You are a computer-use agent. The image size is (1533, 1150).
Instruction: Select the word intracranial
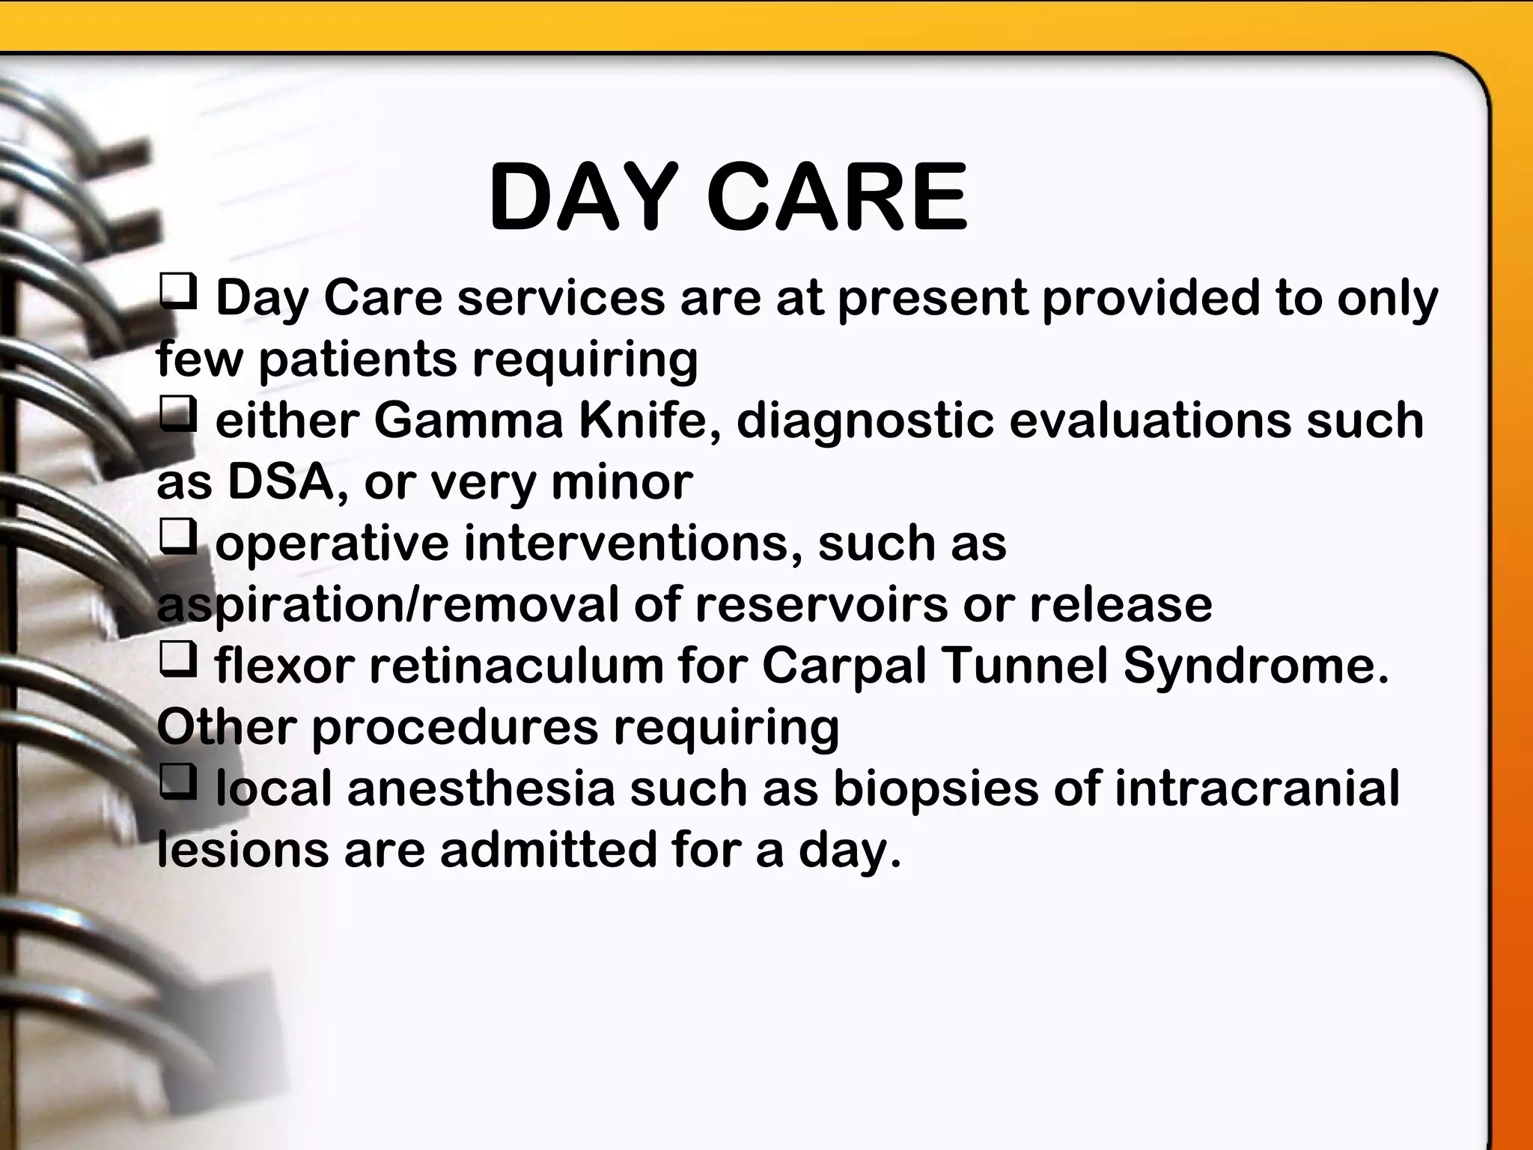[x=1257, y=788]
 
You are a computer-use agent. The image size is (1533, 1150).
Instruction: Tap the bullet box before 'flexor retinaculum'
[x=178, y=659]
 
